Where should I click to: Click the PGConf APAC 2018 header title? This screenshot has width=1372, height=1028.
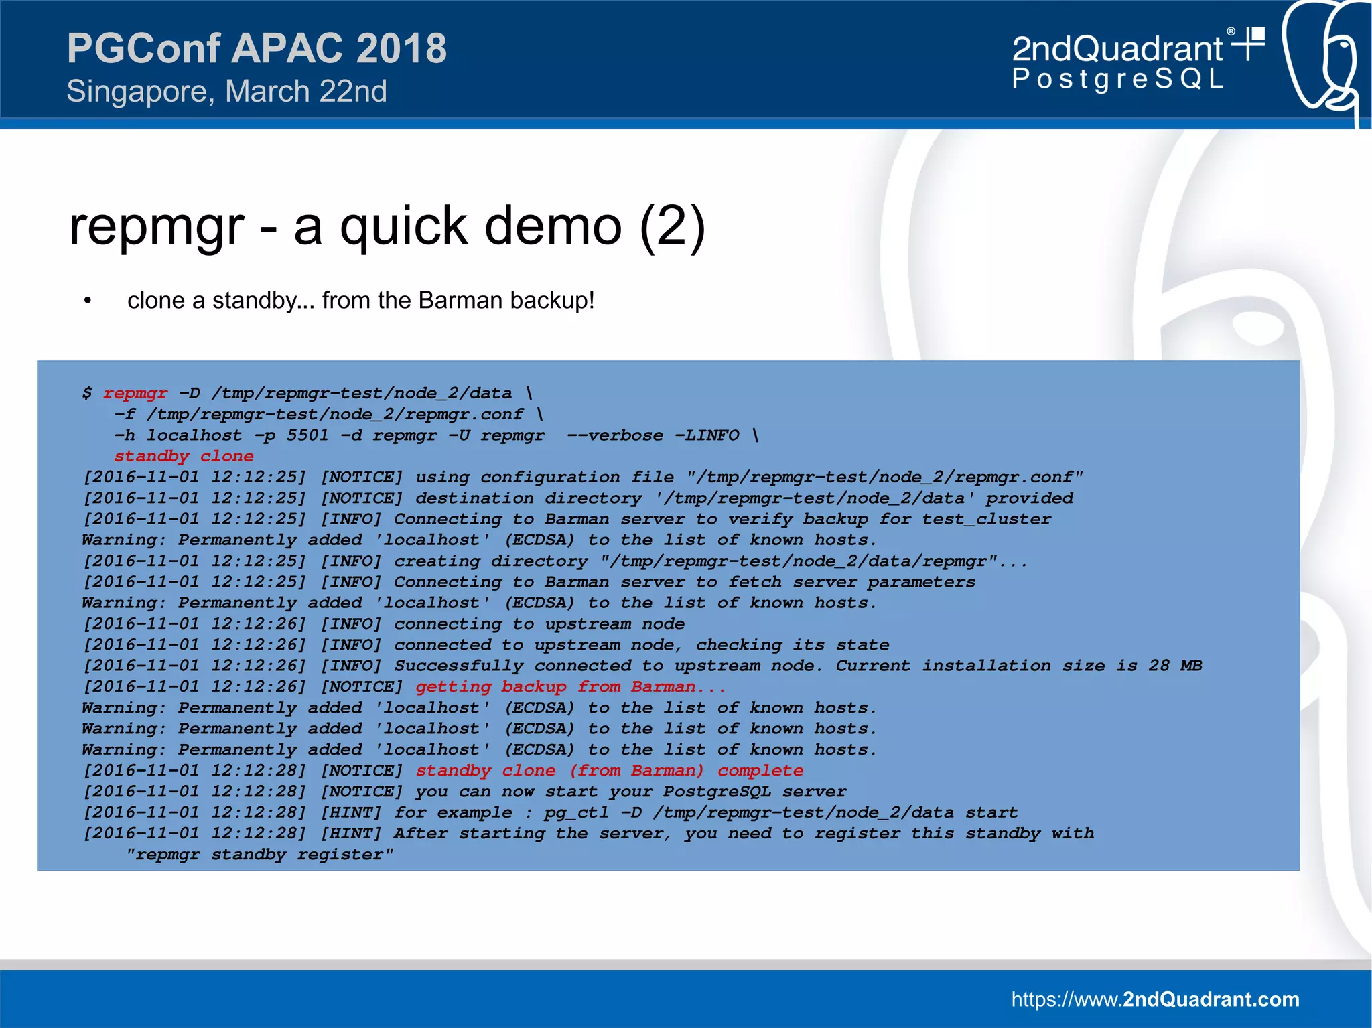257,48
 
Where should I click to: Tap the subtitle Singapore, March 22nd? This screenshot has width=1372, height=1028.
226,91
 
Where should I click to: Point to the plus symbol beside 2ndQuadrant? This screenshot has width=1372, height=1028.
1249,44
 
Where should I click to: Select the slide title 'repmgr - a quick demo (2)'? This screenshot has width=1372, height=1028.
387,226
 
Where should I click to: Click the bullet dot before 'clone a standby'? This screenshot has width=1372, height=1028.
87,301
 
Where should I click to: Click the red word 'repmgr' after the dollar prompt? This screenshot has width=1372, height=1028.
135,393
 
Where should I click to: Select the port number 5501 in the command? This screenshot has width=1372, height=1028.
307,435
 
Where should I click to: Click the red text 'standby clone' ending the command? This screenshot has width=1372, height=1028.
184,456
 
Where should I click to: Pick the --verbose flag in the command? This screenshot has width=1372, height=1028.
615,435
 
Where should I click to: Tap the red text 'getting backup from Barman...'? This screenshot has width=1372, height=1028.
570,686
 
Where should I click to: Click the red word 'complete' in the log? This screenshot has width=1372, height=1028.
760,770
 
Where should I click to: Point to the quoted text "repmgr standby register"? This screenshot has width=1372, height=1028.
260,855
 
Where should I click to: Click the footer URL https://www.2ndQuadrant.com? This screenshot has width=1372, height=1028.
1155,999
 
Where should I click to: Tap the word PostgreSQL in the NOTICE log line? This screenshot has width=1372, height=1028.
717,792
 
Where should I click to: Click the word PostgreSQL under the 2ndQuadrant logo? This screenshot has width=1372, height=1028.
1117,79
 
